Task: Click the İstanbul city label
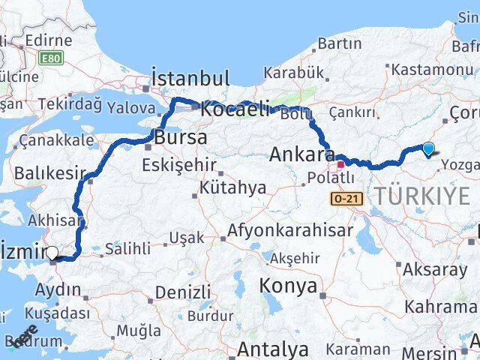tap(190, 78)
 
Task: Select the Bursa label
tap(180, 138)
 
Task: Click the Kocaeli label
tap(235, 109)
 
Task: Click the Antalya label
tap(273, 349)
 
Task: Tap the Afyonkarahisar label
tap(289, 230)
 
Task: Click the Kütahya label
tap(232, 187)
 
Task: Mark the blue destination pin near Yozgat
tap(428, 149)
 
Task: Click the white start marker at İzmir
tap(52, 254)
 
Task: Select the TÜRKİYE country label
tap(421, 196)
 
